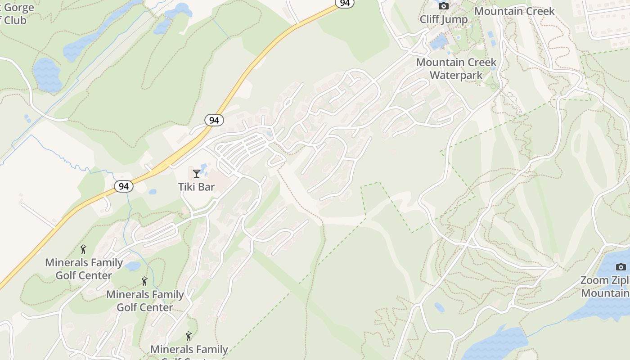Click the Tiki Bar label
(x=197, y=186)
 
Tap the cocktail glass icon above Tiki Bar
(x=197, y=174)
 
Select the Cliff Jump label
(x=443, y=19)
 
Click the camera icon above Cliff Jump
(x=444, y=6)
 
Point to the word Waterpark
(x=456, y=75)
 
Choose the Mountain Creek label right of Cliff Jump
(x=514, y=11)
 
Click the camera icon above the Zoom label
(x=621, y=267)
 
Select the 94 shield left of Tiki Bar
(x=123, y=186)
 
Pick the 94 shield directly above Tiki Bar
(x=214, y=120)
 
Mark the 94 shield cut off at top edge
(x=345, y=3)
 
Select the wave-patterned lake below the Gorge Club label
(x=47, y=74)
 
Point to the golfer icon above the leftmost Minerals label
(x=83, y=249)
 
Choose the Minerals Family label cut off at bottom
(x=189, y=350)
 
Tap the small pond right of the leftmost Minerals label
(x=133, y=266)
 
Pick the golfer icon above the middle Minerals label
(x=144, y=282)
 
